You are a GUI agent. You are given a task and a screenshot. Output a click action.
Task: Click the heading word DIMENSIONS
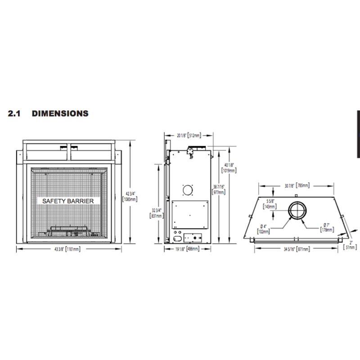[x=60, y=113]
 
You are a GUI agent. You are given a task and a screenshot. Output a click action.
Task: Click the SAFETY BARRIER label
[x=68, y=201]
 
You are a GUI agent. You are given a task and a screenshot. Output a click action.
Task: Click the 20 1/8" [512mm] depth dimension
[x=189, y=135]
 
